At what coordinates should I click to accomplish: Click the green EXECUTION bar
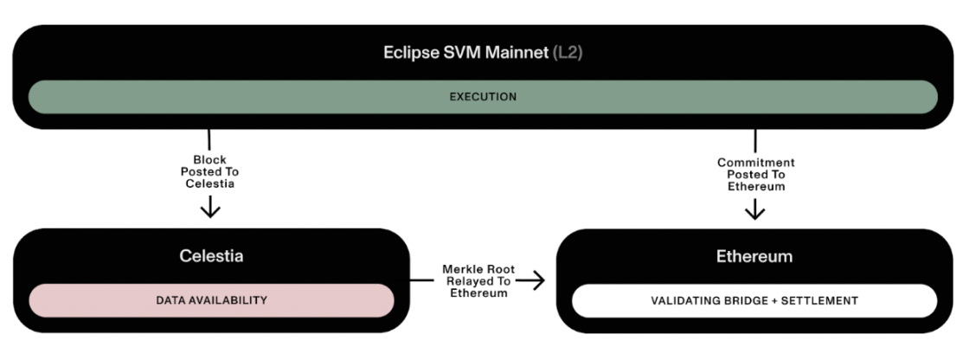[x=483, y=97]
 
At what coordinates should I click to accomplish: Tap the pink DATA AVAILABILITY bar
[x=211, y=300]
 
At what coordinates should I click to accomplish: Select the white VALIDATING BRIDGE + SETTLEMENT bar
[x=754, y=300]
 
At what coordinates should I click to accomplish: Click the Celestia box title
[x=211, y=257]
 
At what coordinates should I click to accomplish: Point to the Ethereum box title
[x=754, y=257]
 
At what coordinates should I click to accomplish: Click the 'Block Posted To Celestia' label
[x=209, y=172]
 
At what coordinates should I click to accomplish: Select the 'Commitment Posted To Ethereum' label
[x=755, y=174]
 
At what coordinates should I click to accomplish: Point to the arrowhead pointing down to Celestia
[x=209, y=210]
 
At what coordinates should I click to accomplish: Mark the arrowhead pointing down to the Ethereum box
[x=755, y=211]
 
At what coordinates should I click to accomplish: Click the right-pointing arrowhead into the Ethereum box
[x=538, y=280]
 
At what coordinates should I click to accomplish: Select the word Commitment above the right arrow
[x=755, y=163]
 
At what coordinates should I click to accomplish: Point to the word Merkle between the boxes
[x=459, y=269]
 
